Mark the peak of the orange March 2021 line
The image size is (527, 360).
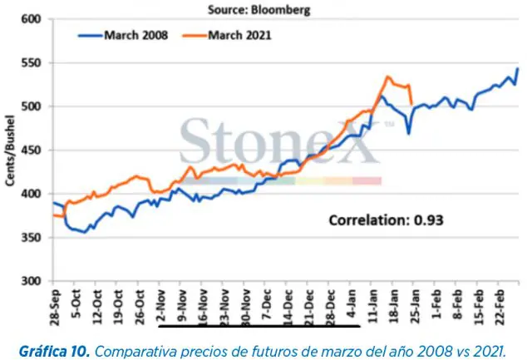pos(388,77)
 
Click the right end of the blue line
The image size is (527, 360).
pos(518,69)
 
